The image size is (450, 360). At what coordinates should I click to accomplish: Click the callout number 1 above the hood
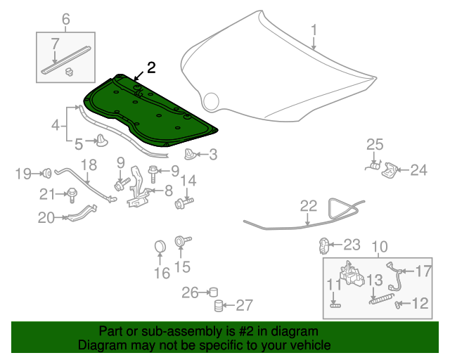(314, 30)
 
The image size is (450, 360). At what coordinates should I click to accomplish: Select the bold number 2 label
(151, 67)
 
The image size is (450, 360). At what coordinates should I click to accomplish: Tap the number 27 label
(243, 305)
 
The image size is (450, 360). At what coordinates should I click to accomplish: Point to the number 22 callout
(309, 205)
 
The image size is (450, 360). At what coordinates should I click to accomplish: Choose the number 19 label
(23, 173)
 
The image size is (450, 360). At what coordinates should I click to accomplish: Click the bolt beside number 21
(72, 193)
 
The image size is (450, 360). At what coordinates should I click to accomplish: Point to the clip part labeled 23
(325, 245)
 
